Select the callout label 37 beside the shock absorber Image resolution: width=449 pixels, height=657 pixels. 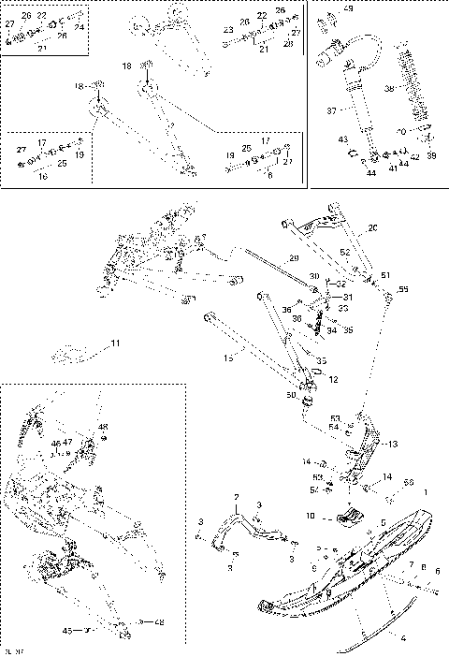tap(329, 109)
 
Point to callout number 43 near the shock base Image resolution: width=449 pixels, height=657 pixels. tap(343, 139)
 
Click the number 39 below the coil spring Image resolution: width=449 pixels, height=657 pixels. tap(432, 155)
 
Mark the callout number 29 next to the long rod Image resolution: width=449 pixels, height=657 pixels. tap(293, 257)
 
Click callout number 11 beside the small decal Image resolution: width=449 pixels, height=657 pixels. tap(115, 344)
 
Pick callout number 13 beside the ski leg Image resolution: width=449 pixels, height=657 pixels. tap(392, 444)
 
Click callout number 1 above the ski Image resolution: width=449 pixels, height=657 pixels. tap(427, 492)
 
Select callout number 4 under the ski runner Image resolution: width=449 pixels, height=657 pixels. tap(403, 639)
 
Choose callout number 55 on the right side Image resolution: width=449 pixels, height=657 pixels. tap(404, 291)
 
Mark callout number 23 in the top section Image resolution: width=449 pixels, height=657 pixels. tap(227, 30)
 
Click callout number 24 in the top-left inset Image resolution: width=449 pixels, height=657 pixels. tap(79, 28)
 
